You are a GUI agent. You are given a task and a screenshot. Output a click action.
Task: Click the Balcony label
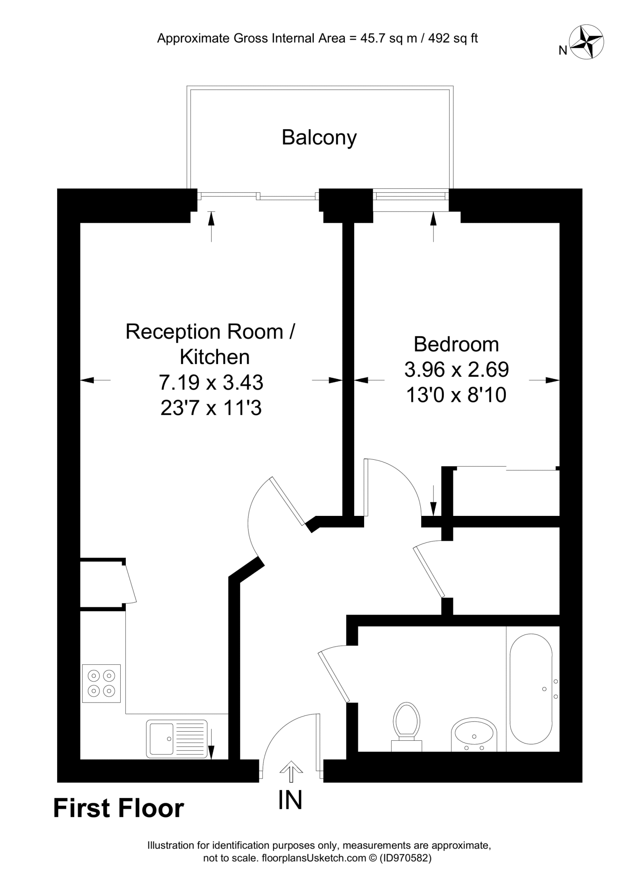tap(319, 138)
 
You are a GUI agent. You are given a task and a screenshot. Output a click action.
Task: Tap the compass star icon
tap(586, 42)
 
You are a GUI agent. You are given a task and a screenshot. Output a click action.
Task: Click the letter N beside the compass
tap(563, 51)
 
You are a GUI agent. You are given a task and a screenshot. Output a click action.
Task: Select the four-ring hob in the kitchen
tap(101, 683)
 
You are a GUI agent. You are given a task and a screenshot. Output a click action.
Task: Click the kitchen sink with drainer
tap(177, 738)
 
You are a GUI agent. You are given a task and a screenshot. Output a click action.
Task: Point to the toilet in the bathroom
tap(406, 725)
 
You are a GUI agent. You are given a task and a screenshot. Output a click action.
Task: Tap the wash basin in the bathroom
tap(474, 735)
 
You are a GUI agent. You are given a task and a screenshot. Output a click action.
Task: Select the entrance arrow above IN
tap(291, 771)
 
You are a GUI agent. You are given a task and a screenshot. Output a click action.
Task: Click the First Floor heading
tap(118, 809)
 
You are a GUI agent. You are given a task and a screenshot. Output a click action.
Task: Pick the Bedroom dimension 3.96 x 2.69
tap(456, 370)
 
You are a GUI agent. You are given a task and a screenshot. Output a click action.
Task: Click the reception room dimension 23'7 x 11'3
tap(211, 408)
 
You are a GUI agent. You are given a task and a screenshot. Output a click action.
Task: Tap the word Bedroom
tap(456, 345)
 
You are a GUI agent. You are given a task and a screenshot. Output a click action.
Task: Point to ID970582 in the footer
tap(404, 858)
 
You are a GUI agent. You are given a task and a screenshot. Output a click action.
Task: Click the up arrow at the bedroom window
tap(433, 226)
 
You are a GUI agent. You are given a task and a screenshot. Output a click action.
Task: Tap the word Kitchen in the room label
tap(214, 357)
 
